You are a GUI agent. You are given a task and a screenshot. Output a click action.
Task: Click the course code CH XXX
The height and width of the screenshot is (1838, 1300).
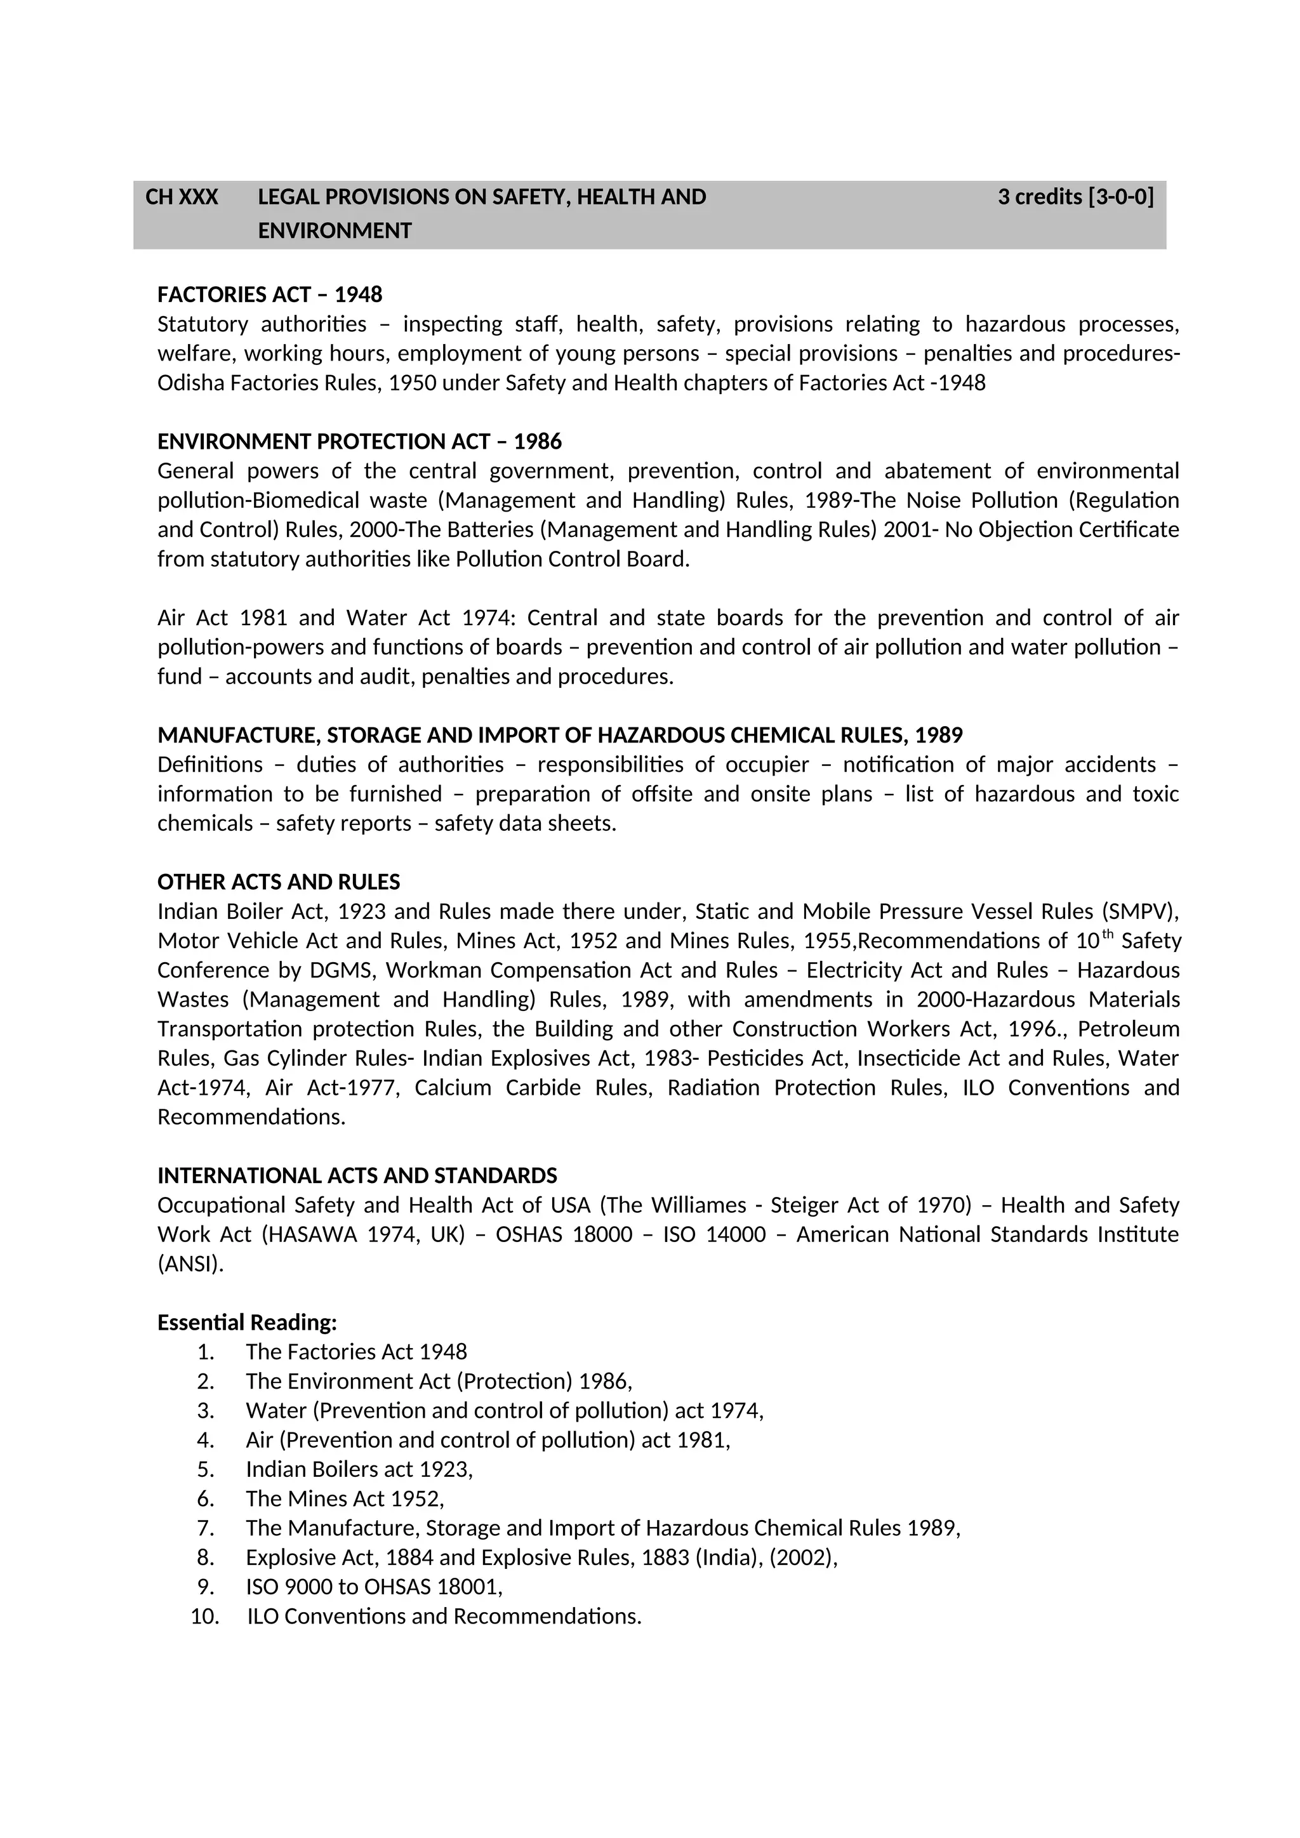click(181, 197)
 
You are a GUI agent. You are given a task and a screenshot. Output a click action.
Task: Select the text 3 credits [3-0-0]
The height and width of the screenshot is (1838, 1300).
click(1075, 197)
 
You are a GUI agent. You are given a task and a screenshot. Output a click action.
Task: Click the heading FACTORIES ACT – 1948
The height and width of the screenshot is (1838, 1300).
click(270, 294)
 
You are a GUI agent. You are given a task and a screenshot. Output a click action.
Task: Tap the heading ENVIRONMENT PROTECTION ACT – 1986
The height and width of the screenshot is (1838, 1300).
click(359, 442)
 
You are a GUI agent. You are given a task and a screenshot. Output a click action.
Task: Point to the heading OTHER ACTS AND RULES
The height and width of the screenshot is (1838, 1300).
click(279, 882)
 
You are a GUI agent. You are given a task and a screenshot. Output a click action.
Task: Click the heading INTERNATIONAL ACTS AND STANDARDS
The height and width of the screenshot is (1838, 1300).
click(357, 1176)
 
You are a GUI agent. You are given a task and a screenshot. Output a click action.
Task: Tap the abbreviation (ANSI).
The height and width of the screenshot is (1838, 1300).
click(190, 1264)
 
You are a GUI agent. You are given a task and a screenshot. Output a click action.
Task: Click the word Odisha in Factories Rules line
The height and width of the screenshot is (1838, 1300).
click(190, 383)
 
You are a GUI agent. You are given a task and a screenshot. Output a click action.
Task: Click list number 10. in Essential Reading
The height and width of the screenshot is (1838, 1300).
click(205, 1617)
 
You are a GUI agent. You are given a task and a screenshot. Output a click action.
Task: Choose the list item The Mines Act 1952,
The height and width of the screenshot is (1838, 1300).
click(344, 1498)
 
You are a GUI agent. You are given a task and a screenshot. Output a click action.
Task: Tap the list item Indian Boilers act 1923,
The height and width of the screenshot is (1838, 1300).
click(359, 1469)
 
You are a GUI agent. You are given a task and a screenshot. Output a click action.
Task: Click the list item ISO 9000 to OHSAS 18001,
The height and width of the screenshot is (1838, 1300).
click(374, 1587)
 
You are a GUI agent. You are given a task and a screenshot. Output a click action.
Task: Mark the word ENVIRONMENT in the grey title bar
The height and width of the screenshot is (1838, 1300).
click(335, 232)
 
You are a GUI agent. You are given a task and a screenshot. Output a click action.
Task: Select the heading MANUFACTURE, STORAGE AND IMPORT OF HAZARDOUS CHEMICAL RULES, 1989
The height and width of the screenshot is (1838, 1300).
click(559, 736)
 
